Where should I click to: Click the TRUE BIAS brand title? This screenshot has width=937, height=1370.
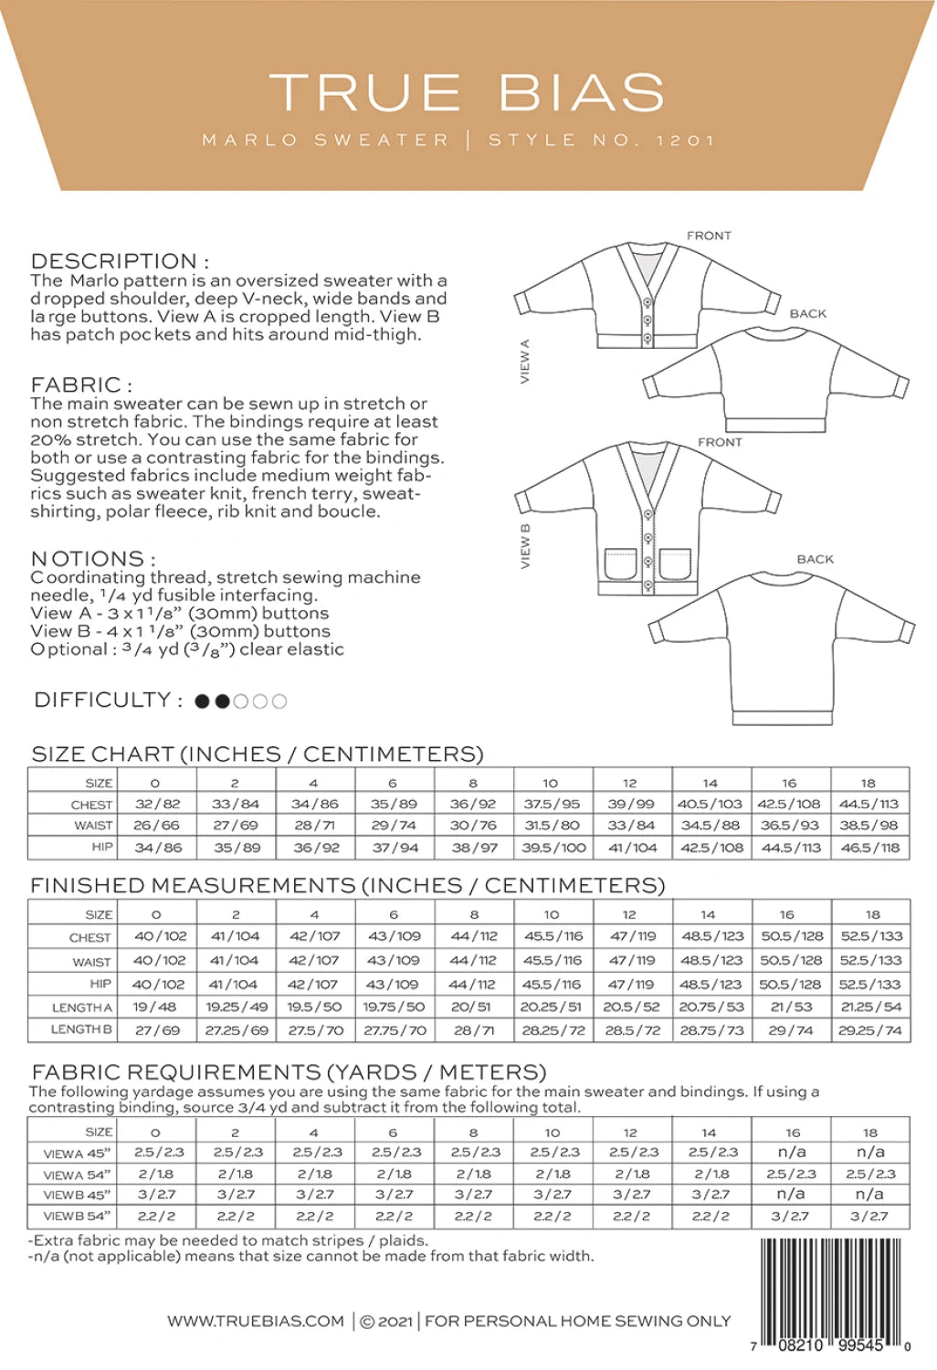pos(467,92)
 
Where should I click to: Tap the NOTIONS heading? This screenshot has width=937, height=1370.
pos(92,558)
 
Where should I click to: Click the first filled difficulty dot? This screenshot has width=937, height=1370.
pos(203,701)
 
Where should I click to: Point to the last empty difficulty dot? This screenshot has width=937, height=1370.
pos(279,701)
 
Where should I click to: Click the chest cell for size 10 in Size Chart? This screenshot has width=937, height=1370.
pos(553,805)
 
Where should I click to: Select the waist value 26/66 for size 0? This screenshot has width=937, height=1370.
pos(157,826)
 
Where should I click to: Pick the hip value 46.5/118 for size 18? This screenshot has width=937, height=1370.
pos(869,848)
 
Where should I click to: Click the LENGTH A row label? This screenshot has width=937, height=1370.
pos(82,1007)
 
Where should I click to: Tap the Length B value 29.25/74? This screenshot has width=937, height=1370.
pos(869,1030)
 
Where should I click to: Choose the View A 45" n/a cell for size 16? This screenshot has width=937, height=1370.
pos(791,1153)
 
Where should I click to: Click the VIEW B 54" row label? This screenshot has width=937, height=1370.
pos(77,1217)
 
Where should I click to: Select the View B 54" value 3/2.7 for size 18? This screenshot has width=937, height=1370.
pos(869,1217)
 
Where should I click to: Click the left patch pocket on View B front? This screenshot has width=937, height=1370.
pos(621,564)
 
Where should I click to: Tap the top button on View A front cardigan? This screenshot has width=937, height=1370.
pos(648,303)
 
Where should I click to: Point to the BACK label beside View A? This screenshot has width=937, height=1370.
pos(807,313)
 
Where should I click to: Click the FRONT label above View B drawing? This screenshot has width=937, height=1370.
pos(720,442)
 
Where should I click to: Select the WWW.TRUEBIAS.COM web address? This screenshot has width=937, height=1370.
pos(256,1321)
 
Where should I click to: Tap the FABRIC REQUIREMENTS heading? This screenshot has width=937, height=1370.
pos(289,1071)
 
